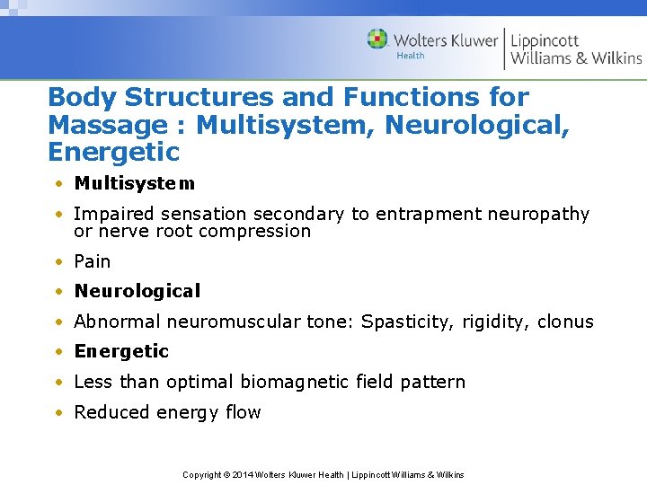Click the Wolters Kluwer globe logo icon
tap(377, 40)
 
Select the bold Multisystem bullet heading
tap(134, 183)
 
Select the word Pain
tap(93, 261)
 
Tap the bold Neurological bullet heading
tap(137, 291)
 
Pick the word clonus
tap(565, 322)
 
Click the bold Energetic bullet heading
tap(121, 351)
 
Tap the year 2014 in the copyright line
tap(242, 474)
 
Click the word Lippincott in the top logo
tap(545, 40)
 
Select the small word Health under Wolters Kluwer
tap(411, 56)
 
